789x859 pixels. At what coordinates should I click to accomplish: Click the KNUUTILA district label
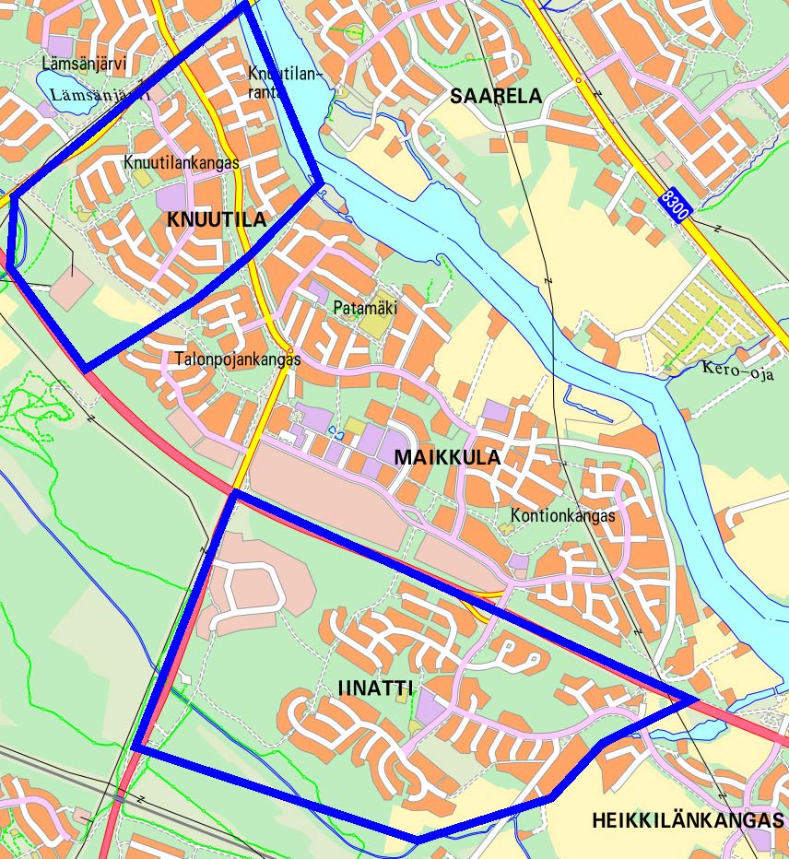217,219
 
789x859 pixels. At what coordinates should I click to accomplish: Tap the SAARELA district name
496,96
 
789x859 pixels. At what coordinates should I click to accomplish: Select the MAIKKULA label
447,456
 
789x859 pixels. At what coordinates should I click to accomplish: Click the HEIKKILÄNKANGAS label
688,820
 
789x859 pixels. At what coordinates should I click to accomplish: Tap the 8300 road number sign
675,206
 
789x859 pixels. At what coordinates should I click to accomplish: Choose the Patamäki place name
365,308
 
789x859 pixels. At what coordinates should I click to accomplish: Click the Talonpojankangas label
238,359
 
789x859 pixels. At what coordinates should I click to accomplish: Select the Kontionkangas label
561,515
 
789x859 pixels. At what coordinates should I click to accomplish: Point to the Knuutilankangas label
181,162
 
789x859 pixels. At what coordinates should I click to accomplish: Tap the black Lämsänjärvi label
84,65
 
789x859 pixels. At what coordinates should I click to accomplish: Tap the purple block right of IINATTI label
428,708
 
